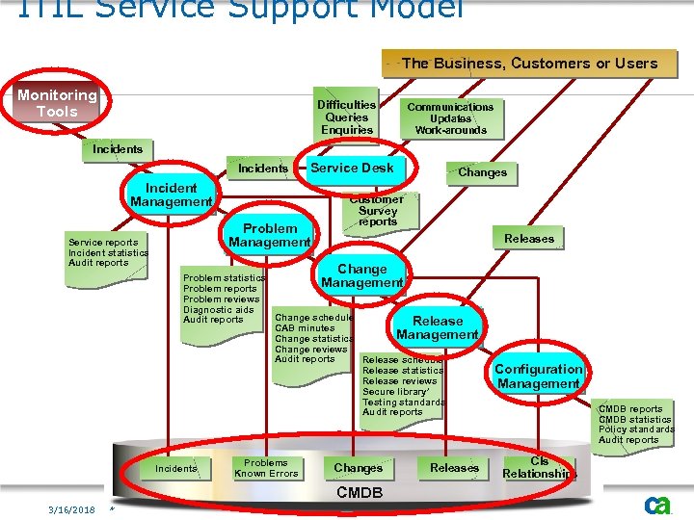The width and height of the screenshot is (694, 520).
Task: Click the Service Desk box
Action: [352, 168]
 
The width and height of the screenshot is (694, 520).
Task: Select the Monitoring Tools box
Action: [57, 103]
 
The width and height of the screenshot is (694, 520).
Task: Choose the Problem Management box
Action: [270, 235]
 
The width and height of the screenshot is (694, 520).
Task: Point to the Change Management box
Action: [361, 276]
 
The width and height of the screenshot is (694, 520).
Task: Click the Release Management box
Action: [438, 327]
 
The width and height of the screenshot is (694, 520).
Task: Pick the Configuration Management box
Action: [538, 376]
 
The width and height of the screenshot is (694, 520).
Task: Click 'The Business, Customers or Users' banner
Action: [529, 64]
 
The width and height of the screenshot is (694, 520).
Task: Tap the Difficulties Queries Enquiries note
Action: [347, 117]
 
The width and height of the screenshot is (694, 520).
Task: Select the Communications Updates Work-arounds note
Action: [450, 118]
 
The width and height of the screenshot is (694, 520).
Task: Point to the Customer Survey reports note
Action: [378, 211]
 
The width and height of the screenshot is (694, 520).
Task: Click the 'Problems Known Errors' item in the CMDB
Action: [266, 468]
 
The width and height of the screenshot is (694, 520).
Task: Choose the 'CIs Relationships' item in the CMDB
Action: [538, 468]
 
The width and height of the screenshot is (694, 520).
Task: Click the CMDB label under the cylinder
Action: [359, 493]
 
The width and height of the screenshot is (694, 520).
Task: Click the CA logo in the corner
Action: [658, 506]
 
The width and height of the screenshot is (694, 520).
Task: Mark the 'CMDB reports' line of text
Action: [630, 409]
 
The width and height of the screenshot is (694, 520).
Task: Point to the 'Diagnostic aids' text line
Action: [219, 310]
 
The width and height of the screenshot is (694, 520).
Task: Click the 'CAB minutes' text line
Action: [305, 328]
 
